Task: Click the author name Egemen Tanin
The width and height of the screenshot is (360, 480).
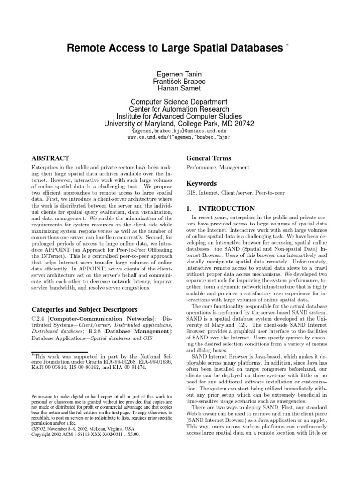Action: pos(180,73)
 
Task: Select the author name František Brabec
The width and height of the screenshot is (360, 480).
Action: pos(180,81)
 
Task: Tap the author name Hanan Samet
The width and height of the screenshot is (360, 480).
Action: pos(180,88)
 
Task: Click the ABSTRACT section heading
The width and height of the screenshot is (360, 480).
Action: pos(50,158)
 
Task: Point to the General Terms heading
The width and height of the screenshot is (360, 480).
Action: pos(209,158)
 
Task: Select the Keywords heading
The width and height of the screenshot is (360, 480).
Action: pos(201,183)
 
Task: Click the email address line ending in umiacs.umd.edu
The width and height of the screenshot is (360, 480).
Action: pos(180,131)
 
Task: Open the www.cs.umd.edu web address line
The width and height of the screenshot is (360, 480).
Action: pos(180,137)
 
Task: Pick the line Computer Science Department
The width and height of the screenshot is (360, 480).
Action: pos(180,102)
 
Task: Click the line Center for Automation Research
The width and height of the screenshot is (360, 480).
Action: pos(180,109)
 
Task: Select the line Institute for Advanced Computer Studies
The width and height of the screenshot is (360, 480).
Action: pos(180,116)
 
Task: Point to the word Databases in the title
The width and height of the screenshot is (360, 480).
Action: pos(251,48)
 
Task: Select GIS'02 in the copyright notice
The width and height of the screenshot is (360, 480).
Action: pos(38,428)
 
